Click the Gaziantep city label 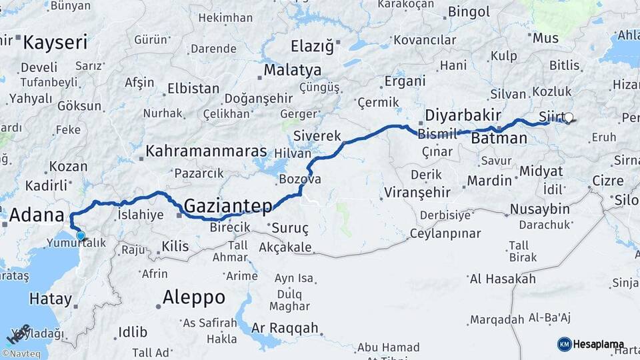227,206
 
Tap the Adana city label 37,216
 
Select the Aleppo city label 193,297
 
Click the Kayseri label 55,43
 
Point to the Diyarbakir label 463,115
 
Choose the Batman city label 499,139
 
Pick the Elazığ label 312,46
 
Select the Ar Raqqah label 285,329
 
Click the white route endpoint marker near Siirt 568,118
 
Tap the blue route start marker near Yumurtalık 81,235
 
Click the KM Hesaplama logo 591,344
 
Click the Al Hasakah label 503,279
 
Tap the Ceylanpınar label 445,233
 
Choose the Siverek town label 317,135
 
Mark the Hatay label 50,299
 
